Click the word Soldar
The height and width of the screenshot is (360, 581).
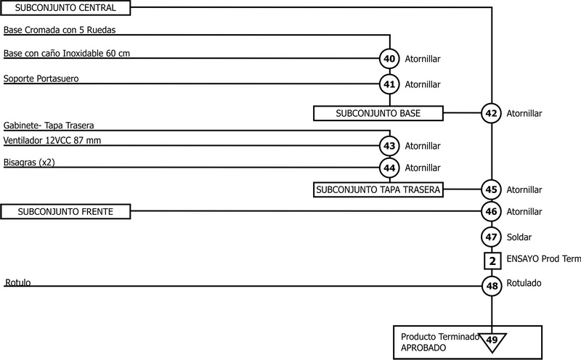tap(519, 237)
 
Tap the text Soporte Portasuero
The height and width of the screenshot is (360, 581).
tap(41, 78)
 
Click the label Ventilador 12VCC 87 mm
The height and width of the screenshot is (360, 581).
tap(52, 140)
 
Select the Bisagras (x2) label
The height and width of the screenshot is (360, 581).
tap(29, 163)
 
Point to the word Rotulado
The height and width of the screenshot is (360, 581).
tap(524, 283)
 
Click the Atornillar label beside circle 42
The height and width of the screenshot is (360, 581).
tap(524, 113)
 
